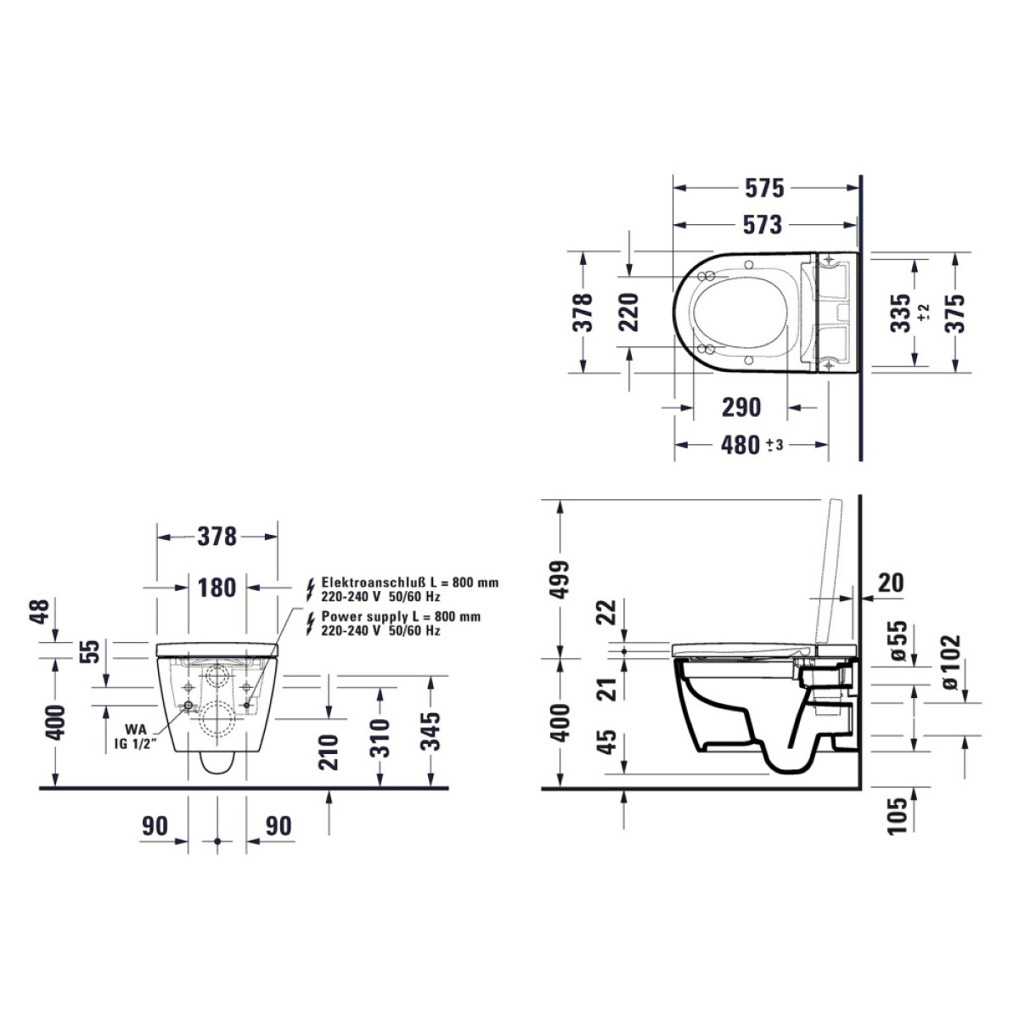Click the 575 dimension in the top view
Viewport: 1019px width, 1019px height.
(x=764, y=189)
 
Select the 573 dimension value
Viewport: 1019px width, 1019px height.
(x=762, y=225)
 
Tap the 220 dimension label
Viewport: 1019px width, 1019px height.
(x=628, y=312)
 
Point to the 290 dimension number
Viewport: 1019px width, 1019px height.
(x=741, y=408)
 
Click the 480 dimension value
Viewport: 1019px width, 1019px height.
(x=740, y=445)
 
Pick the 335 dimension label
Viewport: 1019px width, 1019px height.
(x=901, y=313)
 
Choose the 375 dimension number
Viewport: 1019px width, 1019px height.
(x=955, y=313)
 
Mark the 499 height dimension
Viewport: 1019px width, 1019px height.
(x=559, y=580)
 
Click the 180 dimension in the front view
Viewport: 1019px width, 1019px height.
(x=217, y=588)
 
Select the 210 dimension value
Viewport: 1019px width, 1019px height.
(x=329, y=752)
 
